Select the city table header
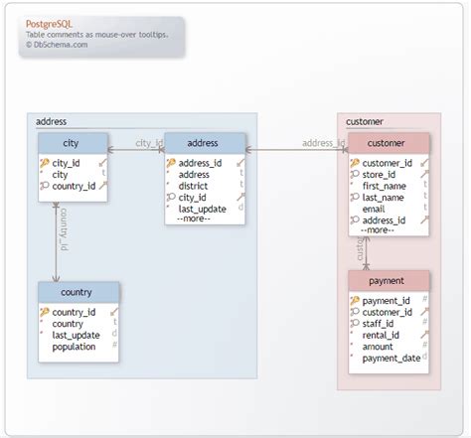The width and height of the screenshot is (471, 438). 72,143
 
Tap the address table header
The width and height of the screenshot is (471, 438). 205,143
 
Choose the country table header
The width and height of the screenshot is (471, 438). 78,292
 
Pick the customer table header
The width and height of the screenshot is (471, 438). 389,143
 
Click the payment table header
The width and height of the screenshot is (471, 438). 389,280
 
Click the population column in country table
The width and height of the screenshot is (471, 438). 74,348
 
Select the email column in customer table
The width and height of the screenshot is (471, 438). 374,210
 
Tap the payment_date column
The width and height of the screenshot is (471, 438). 391,359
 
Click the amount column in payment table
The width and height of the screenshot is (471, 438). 379,347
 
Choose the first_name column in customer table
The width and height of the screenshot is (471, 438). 385,186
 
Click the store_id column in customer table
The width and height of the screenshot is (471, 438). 380,175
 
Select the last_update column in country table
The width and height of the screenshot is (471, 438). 76,336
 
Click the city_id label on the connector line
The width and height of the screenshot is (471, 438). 148,143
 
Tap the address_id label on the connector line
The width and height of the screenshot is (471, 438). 323,143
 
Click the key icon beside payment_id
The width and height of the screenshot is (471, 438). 354,300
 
